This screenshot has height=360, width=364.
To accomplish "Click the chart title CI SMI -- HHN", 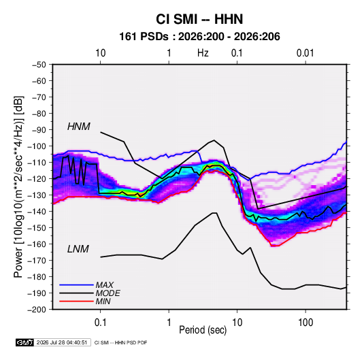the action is [x=199, y=19].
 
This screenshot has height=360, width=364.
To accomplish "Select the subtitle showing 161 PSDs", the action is [x=199, y=37].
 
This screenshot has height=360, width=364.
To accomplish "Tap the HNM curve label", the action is [x=79, y=127].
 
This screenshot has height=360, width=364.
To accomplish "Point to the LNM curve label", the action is [x=78, y=249].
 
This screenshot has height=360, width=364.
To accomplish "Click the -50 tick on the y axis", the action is [x=39, y=65].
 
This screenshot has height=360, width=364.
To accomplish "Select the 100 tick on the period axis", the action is [x=305, y=323].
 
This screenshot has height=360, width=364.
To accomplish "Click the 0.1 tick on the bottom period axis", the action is [x=101, y=323].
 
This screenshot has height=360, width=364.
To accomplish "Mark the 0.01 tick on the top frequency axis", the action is [x=305, y=53].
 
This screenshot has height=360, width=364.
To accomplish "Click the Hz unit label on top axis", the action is [x=203, y=53].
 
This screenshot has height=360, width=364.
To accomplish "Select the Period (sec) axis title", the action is [x=203, y=330].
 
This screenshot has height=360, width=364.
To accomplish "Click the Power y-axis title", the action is [x=18, y=186].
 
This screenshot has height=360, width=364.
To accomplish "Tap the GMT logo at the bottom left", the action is [x=24, y=342].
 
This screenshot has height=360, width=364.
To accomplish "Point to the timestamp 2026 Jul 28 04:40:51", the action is [x=62, y=342].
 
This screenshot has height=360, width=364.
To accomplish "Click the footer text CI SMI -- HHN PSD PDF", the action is [x=120, y=342].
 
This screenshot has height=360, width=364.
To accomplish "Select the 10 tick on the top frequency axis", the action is [x=101, y=53].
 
